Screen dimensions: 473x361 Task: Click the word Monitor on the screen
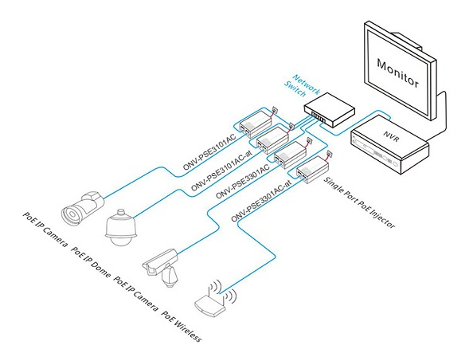click(397, 73)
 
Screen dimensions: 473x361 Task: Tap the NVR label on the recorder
click(392, 136)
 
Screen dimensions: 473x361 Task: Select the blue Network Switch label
click(302, 85)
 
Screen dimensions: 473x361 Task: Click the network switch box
click(330, 109)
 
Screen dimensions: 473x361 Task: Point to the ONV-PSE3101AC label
click(209, 152)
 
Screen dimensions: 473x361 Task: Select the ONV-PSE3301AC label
click(242, 182)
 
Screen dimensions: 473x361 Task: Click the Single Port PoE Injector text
click(359, 202)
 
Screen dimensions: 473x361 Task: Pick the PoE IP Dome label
click(91, 261)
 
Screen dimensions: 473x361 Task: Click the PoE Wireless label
click(182, 326)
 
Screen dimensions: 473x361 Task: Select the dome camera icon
click(121, 227)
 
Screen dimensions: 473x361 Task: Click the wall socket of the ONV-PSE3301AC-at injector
click(330, 155)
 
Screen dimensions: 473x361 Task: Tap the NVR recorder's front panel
click(376, 152)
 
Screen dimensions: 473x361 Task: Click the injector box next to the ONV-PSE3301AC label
click(290, 155)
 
